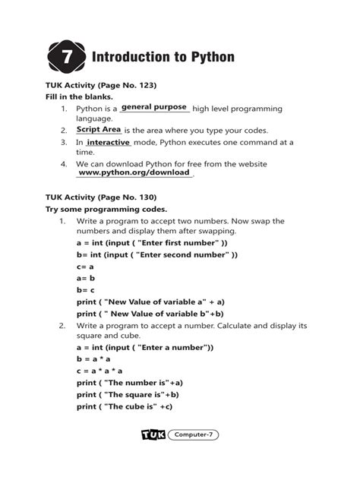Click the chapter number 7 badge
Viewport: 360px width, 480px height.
click(x=66, y=58)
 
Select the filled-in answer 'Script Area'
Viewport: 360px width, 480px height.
click(x=99, y=130)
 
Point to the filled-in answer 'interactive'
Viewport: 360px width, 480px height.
click(x=108, y=142)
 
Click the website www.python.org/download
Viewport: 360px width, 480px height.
click(x=134, y=173)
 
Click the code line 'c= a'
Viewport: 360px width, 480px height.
click(x=85, y=266)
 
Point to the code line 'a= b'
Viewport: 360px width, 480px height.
click(x=85, y=278)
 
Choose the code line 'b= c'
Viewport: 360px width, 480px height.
click(x=85, y=289)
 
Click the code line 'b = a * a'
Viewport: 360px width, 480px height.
click(x=94, y=358)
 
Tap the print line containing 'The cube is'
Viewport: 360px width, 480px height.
click(x=125, y=406)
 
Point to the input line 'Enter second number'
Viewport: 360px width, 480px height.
click(x=157, y=254)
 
